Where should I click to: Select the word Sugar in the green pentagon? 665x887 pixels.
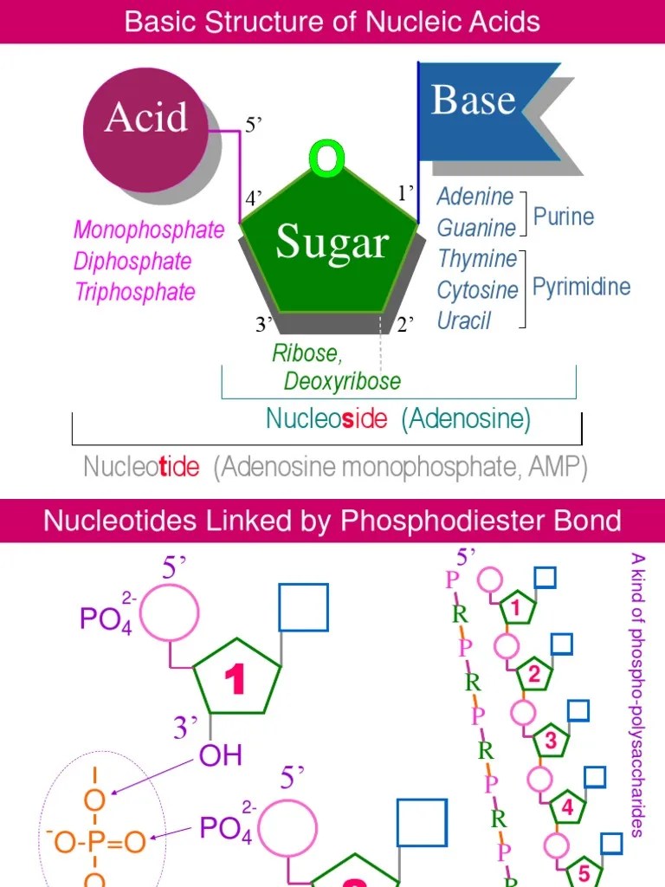click(x=332, y=242)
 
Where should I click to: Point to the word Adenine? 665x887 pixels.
click(x=475, y=197)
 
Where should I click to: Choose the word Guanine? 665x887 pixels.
click(x=476, y=228)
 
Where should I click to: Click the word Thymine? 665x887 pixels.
click(x=477, y=259)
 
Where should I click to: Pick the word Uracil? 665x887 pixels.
click(x=464, y=320)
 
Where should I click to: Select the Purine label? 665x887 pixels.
click(x=564, y=216)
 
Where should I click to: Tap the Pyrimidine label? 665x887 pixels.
click(x=581, y=288)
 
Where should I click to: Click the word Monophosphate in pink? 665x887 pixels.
click(x=148, y=230)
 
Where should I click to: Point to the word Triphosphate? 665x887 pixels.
click(x=134, y=292)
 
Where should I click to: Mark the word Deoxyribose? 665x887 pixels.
click(x=342, y=381)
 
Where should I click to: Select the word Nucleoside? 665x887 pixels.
click(x=326, y=419)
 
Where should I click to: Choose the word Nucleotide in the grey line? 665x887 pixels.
click(x=141, y=468)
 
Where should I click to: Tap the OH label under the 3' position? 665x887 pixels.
click(x=221, y=755)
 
